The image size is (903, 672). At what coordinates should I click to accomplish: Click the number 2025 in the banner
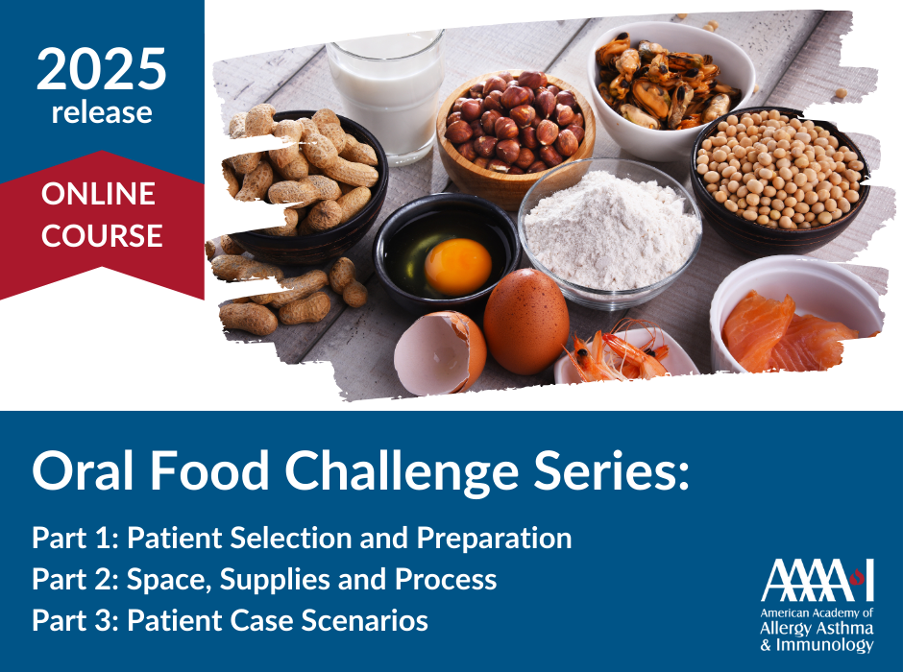pyautogui.click(x=102, y=69)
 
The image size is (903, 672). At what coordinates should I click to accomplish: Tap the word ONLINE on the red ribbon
pyautogui.click(x=99, y=194)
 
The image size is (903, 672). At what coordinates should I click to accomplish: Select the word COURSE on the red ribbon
pyautogui.click(x=102, y=236)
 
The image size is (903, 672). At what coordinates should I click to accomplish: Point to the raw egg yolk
pyautogui.click(x=458, y=267)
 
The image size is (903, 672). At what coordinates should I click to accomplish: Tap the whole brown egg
pyautogui.click(x=525, y=322)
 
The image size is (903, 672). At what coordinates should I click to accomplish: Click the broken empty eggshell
pyautogui.click(x=440, y=352)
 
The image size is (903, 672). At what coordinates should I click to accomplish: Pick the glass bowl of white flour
pyautogui.click(x=610, y=233)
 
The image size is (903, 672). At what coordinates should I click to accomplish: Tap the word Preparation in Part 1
pyautogui.click(x=494, y=540)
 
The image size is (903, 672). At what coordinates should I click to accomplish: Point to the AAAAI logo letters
pyautogui.click(x=818, y=580)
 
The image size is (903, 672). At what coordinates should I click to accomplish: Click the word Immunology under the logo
pyautogui.click(x=824, y=645)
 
